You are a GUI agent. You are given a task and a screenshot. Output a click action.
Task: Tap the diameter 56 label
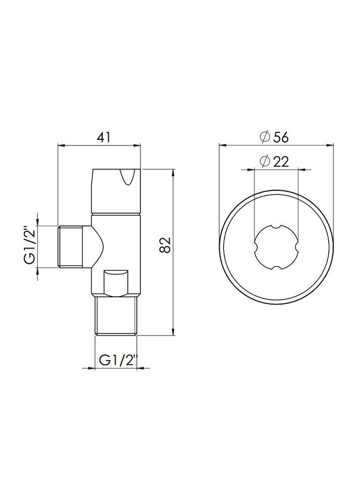pos(275,137)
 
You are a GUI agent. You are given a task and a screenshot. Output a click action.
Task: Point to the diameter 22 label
pos(275,161)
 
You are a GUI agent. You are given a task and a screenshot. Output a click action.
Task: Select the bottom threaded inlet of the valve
pos(117,316)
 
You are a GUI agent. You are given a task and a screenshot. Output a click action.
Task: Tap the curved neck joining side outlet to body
pos(97,246)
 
